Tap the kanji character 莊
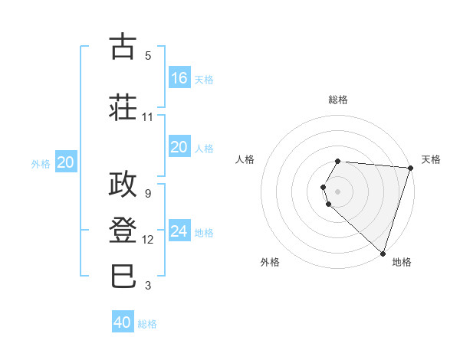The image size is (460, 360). pyautogui.click(x=123, y=106)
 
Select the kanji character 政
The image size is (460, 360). pyautogui.click(x=123, y=183)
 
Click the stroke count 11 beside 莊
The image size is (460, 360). pyautogui.click(x=148, y=116)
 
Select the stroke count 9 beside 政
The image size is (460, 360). pyautogui.click(x=148, y=193)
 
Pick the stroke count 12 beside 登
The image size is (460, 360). pyautogui.click(x=148, y=240)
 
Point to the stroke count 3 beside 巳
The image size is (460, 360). pyautogui.click(x=148, y=286)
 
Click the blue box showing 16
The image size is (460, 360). pyautogui.click(x=179, y=77)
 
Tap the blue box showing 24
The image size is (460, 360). pyautogui.click(x=179, y=231)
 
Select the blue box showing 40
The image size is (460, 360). pyautogui.click(x=123, y=322)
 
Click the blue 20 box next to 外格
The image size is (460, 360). pyautogui.click(x=66, y=162)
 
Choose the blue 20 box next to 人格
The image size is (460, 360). pyautogui.click(x=179, y=146)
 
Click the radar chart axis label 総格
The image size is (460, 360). pyautogui.click(x=338, y=100)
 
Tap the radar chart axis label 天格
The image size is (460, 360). pyautogui.click(x=431, y=159)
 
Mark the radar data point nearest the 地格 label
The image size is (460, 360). pyautogui.click(x=383, y=253)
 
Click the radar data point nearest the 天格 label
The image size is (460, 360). pyautogui.click(x=410, y=168)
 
